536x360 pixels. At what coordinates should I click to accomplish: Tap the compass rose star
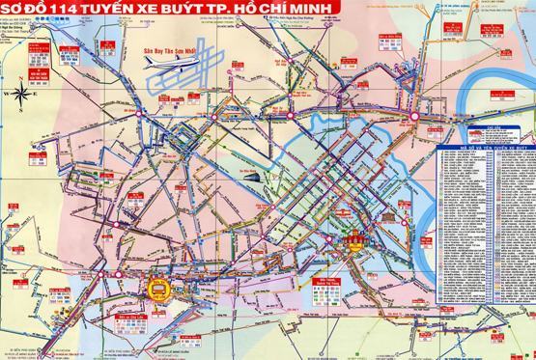19,94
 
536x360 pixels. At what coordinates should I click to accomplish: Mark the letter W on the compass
6,94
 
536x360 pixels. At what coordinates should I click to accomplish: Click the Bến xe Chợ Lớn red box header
128,315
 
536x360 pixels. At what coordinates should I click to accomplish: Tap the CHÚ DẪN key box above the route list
480,131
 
